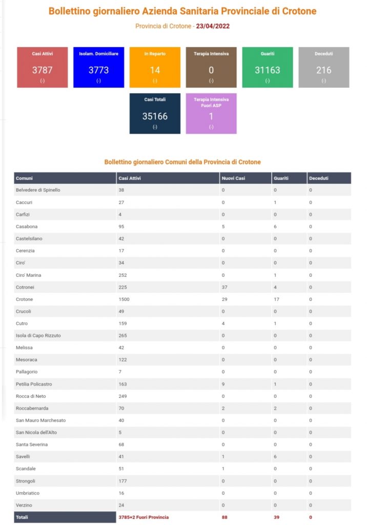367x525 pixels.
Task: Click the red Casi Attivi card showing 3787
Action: point(43,67)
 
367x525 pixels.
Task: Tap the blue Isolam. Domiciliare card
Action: point(98,67)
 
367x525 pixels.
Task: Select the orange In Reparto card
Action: point(155,67)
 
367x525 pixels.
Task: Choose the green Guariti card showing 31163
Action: point(267,67)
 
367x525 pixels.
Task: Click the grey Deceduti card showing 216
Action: point(323,67)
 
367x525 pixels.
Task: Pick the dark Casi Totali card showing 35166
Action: point(155,113)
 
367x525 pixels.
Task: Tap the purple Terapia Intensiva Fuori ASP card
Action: point(211,113)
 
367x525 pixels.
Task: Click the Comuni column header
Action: point(25,178)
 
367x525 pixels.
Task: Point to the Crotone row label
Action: point(24,299)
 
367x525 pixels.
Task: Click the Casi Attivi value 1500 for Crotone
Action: point(125,299)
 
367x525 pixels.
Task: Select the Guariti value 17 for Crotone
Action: point(276,299)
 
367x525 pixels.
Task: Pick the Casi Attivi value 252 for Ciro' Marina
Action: point(123,275)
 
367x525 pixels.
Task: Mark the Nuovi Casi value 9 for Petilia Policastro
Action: point(223,384)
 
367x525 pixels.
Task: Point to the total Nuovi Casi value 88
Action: point(225,517)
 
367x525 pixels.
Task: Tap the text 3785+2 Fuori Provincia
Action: point(144,517)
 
